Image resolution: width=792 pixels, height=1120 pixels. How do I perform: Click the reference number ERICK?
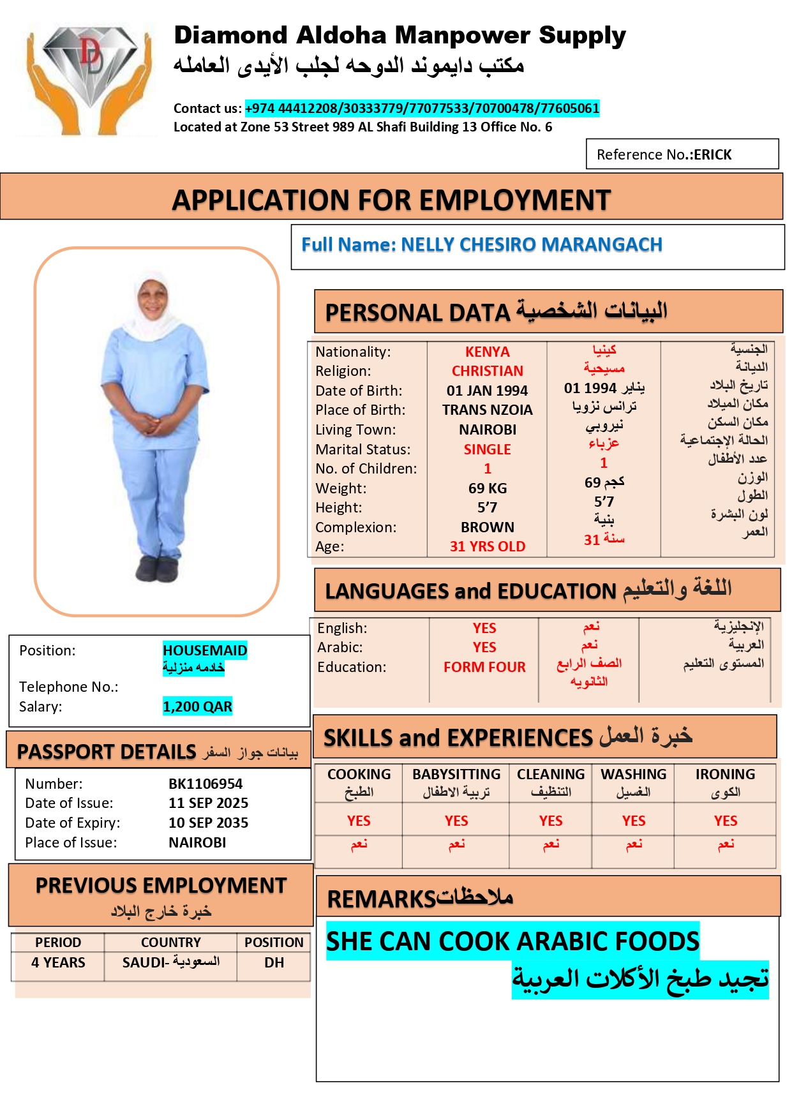712,154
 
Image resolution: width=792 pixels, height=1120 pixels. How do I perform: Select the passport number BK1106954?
205,784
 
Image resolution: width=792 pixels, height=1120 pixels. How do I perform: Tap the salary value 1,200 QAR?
197,706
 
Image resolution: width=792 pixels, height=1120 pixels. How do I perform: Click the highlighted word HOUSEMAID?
205,650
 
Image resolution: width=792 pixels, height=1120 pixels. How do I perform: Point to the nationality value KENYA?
487,352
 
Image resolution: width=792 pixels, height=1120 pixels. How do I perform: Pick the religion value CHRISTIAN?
487,371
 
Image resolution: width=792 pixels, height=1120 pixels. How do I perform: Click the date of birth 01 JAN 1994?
487,391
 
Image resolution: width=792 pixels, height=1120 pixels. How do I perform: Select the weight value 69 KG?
487,488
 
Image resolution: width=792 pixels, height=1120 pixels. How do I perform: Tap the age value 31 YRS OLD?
487,546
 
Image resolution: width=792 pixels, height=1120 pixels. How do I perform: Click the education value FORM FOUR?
484,667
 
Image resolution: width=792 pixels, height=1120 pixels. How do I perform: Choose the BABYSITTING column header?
456,774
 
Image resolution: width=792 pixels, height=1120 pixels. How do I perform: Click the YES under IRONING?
725,821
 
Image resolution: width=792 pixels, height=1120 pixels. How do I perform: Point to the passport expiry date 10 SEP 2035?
208,823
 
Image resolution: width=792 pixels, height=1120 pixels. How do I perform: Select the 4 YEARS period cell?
58,962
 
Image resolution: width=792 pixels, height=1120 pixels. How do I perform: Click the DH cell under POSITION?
274,962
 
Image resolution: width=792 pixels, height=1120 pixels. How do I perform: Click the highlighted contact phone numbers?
422,108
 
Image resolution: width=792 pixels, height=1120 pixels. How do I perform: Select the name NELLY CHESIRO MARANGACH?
531,244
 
